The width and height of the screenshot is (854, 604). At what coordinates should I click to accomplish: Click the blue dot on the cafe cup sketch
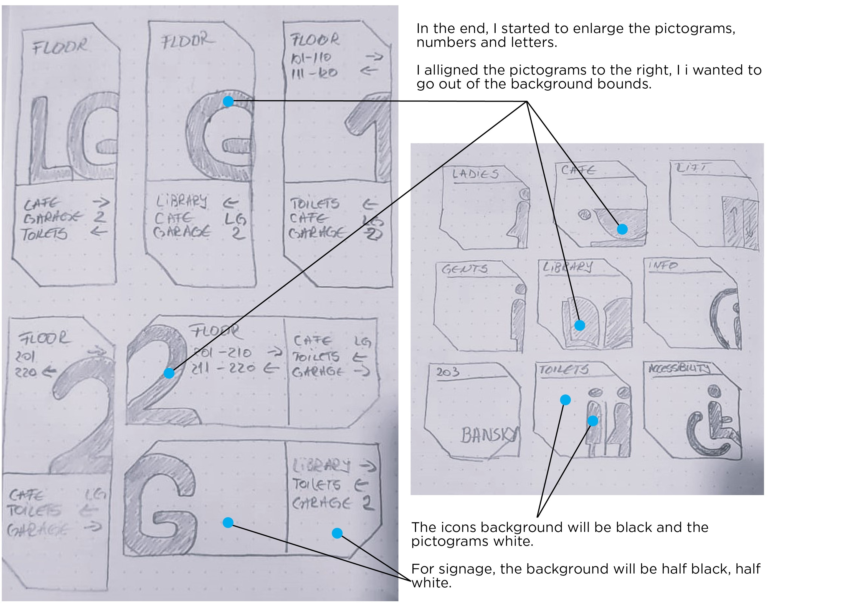pyautogui.click(x=622, y=229)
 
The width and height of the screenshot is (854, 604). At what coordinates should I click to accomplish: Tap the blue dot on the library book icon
pyautogui.click(x=579, y=325)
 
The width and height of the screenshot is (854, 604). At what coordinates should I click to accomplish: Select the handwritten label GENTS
pyautogui.click(x=464, y=269)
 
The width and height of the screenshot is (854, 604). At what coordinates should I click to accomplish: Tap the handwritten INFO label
pyautogui.click(x=663, y=266)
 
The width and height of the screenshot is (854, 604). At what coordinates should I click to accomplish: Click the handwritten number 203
pyautogui.click(x=448, y=372)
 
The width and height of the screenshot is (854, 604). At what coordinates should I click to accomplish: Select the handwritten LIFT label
pyautogui.click(x=691, y=168)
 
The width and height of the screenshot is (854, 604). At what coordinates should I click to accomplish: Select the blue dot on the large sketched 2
pyautogui.click(x=169, y=373)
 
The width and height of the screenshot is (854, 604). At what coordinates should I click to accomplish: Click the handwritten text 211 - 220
pyautogui.click(x=223, y=368)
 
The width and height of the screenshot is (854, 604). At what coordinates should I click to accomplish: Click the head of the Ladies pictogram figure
pyautogui.click(x=524, y=194)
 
